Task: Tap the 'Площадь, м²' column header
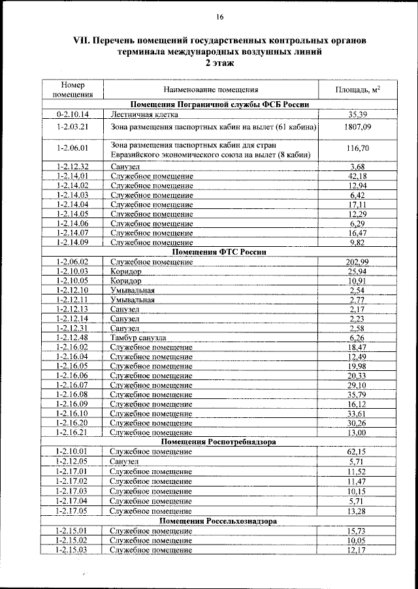pos(357,90)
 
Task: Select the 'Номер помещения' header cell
pos(73,90)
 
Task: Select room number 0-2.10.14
pos(73,114)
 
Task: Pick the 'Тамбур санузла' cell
pos(138,338)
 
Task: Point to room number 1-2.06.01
pos(73,148)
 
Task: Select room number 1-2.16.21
pos(73,432)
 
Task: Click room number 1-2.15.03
pos(73,550)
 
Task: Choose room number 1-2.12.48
pos(73,338)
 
